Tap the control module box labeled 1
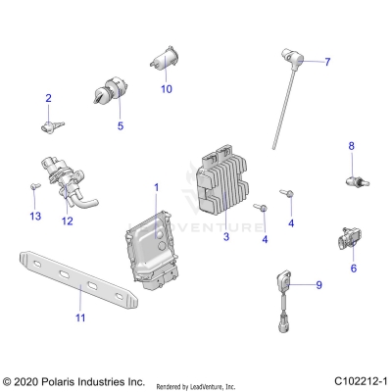click(x=152, y=251)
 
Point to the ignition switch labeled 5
click(x=110, y=96)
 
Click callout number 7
click(x=327, y=62)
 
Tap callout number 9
click(x=318, y=285)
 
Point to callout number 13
click(x=35, y=216)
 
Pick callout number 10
click(x=166, y=89)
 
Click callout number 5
click(x=121, y=126)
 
